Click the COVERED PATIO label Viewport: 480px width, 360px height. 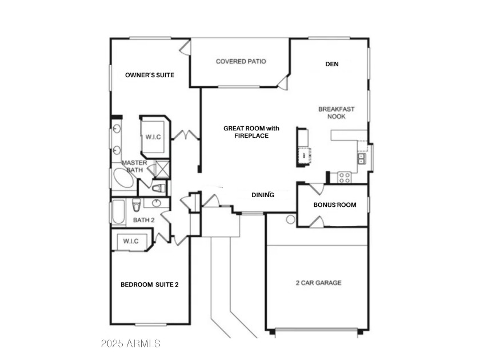pos(241,62)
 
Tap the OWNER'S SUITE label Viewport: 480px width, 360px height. pos(150,75)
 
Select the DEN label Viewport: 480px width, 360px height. pos(332,64)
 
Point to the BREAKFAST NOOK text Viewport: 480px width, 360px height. pos(337,113)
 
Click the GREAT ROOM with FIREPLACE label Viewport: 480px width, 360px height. pos(251,132)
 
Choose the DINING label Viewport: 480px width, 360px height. pos(263,195)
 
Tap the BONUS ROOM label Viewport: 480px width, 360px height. pos(335,205)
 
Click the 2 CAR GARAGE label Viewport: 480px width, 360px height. pos(319,283)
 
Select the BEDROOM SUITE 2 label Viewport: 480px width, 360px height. pos(149,285)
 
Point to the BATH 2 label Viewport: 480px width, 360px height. pos(144,220)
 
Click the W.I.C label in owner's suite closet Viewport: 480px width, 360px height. pos(153,137)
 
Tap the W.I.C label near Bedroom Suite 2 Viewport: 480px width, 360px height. pos(131,241)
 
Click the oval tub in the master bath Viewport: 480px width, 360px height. pos(123,178)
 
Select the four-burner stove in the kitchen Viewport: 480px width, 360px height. pos(345,178)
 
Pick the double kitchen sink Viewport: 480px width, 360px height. pos(362,159)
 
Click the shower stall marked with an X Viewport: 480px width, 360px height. pos(161,169)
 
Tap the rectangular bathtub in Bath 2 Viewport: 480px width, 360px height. pos(118,211)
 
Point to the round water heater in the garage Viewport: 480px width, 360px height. pos(290,219)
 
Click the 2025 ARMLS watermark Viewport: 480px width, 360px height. pos(131,343)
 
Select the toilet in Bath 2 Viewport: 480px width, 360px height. pos(137,205)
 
